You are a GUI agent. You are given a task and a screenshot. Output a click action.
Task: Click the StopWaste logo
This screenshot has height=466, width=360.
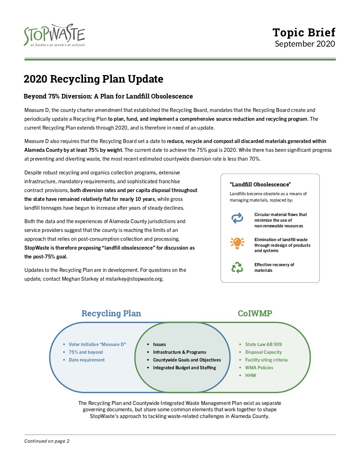[54, 35]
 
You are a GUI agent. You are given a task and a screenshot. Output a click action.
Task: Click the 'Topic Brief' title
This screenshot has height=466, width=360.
[304, 32]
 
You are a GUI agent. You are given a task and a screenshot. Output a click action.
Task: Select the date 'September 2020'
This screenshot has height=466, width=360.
[305, 44]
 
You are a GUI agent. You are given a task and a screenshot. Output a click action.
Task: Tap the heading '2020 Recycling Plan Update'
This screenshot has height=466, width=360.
[93, 79]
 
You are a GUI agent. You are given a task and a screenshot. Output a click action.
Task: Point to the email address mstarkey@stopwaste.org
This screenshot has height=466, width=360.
[134, 279]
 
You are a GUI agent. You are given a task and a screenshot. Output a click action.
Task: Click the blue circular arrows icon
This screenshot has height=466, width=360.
[237, 218]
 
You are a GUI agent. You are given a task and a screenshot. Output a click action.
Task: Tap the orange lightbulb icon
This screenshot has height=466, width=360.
[237, 243]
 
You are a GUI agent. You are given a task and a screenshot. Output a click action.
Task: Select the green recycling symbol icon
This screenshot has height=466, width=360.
[237, 267]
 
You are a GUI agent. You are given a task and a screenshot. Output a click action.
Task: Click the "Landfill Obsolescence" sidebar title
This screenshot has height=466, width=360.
[260, 184]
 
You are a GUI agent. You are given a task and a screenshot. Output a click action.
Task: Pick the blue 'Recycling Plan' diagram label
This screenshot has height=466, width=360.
[111, 313]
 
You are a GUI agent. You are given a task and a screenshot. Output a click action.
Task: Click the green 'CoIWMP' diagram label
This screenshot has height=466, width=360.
[255, 313]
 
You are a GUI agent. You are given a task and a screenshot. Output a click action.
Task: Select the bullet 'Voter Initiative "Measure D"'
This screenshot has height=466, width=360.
[97, 344]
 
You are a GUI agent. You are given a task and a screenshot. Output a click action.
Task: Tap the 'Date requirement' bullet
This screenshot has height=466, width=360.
[86, 360]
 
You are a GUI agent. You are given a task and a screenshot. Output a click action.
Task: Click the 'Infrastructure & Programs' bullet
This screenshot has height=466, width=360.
[179, 352]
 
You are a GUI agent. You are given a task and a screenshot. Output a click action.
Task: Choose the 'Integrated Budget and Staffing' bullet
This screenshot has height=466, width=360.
[184, 368]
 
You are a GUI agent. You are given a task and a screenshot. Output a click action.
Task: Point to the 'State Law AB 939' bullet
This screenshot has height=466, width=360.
[263, 344]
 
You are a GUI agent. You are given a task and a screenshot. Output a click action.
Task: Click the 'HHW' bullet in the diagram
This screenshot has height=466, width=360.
[251, 375]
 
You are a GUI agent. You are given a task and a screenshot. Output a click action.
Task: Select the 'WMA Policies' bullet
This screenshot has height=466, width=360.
[259, 368]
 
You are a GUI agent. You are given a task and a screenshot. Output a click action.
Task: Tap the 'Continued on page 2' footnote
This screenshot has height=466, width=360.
[47, 441]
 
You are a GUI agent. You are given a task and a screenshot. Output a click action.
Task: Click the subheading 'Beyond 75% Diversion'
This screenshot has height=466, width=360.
[108, 96]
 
